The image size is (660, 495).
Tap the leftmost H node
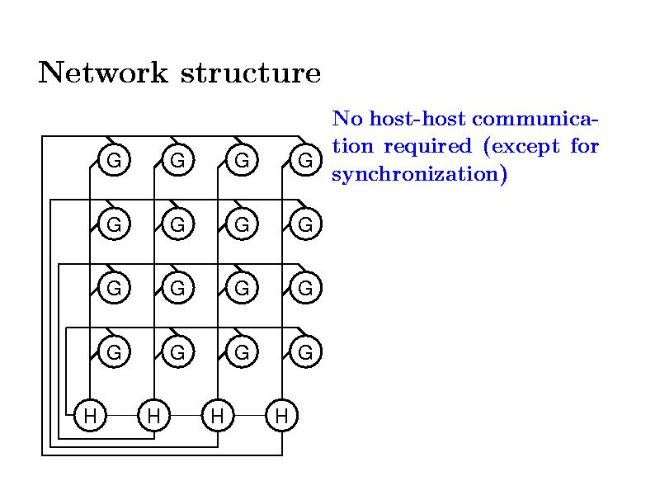click(x=90, y=415)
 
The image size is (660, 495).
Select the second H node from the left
click(x=153, y=415)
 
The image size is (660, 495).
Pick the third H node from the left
click(x=218, y=415)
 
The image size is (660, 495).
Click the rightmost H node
click(x=282, y=415)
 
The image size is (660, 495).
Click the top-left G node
click(x=114, y=159)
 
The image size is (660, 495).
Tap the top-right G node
click(x=305, y=159)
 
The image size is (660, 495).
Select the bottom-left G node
click(x=114, y=352)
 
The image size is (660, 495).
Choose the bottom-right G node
click(x=305, y=352)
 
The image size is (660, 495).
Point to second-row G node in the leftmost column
click(x=114, y=224)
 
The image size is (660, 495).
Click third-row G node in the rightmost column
click(x=305, y=288)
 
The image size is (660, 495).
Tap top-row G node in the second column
click(x=177, y=159)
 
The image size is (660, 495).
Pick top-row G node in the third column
click(x=242, y=159)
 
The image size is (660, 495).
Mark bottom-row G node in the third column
click(x=242, y=352)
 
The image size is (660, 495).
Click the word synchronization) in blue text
click(x=418, y=176)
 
